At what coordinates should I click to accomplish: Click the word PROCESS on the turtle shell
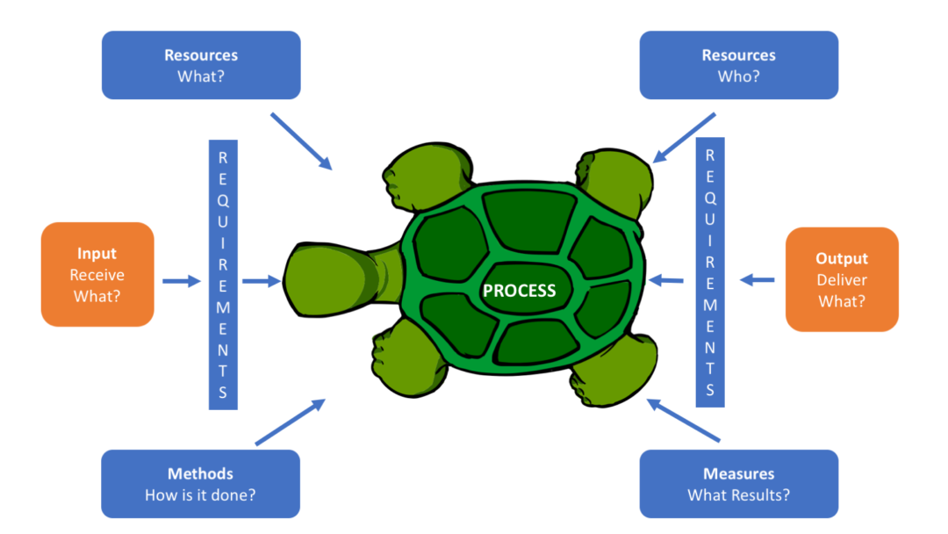tap(520, 290)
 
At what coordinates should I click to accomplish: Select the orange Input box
tap(97, 274)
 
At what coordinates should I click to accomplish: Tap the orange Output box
tap(842, 279)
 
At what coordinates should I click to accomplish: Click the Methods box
tap(200, 484)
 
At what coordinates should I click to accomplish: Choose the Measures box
tap(738, 484)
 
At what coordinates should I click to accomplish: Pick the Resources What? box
tap(201, 65)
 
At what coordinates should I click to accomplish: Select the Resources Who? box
tap(738, 65)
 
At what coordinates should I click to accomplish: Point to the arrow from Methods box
tap(290, 422)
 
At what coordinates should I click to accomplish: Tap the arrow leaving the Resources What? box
tap(301, 141)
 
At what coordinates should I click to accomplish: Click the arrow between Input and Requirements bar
tap(182, 281)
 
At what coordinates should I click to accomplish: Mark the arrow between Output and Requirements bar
tap(757, 280)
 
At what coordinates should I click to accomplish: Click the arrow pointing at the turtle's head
tap(261, 281)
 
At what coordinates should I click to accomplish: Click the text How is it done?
tap(200, 494)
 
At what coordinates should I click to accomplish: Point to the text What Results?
tap(738, 494)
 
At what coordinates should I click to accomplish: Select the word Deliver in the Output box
tap(842, 280)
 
